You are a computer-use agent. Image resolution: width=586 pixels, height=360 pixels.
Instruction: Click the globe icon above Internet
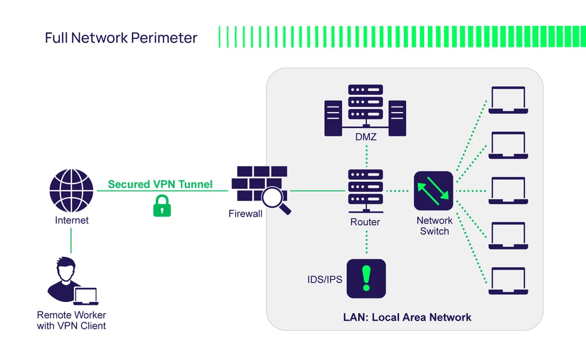71,191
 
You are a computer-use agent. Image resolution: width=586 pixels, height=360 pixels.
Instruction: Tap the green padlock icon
162,206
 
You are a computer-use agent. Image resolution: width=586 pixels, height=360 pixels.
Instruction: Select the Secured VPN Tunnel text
160,184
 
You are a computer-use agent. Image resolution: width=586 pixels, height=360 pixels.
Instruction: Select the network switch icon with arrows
434,191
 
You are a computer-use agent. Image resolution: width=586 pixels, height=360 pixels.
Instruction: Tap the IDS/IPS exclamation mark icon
366,279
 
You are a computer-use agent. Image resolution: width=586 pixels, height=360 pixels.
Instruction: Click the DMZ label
366,137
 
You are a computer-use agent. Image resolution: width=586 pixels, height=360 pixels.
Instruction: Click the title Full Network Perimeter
121,38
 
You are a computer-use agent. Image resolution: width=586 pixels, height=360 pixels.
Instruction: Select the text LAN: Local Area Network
407,317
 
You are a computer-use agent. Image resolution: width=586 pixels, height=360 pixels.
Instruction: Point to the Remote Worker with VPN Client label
71,320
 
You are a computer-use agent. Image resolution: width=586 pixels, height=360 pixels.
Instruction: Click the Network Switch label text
434,226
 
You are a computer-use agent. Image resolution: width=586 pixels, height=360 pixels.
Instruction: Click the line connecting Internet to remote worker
71,240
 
